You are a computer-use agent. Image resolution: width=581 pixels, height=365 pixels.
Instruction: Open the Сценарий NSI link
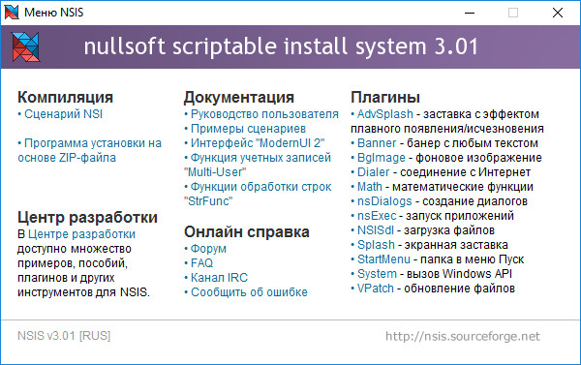(x=63, y=113)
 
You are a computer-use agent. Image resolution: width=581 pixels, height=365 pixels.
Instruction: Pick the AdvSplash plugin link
(x=388, y=113)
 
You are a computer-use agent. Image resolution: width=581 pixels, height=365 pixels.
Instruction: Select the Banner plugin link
(x=378, y=142)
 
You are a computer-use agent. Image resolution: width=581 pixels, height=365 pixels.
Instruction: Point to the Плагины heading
(x=385, y=97)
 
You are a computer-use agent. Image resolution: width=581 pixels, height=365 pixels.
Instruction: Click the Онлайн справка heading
(x=246, y=232)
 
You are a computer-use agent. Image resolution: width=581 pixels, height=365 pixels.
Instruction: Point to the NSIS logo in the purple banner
(x=28, y=47)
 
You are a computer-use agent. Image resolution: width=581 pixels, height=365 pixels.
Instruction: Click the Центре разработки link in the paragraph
(x=82, y=234)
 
